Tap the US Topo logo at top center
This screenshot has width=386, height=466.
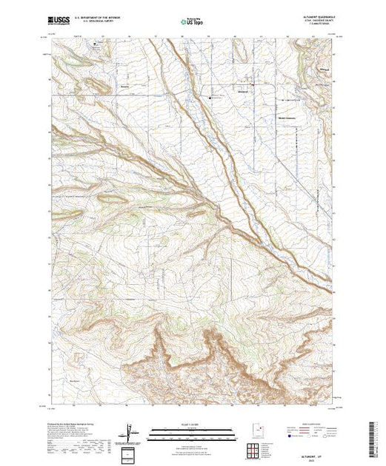(x=192, y=21)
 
